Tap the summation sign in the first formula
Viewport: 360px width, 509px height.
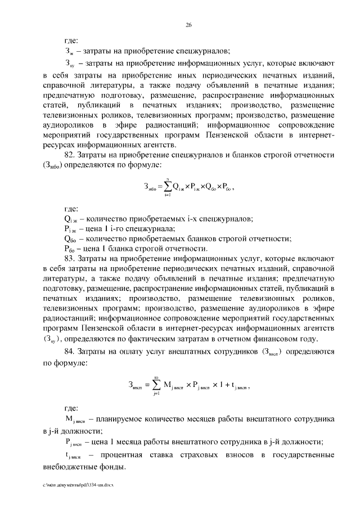point(168,186)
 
